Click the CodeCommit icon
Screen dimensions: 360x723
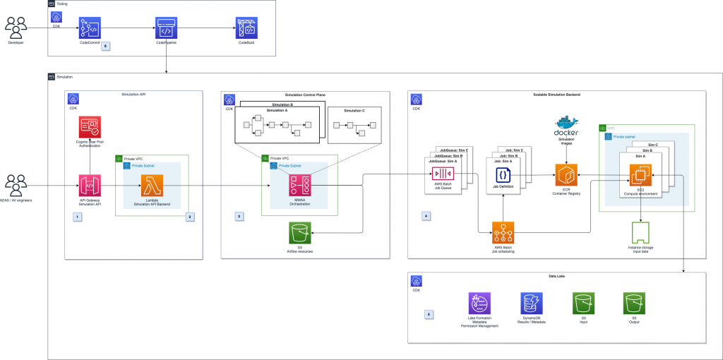click(x=90, y=28)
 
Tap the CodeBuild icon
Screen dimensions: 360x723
click(x=246, y=28)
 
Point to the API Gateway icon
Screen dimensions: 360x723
click(x=90, y=186)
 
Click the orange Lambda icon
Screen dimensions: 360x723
click(x=152, y=186)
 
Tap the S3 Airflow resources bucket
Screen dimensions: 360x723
click(x=300, y=232)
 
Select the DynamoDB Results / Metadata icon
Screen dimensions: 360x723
click(x=531, y=305)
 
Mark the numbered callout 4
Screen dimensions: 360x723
click(x=425, y=215)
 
